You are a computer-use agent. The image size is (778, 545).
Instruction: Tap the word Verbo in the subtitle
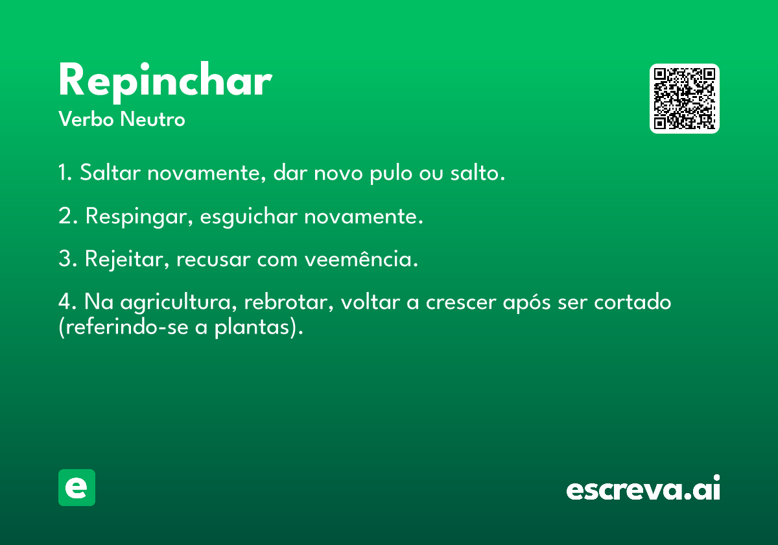[x=86, y=119]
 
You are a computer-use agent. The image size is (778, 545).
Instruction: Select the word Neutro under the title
[x=152, y=119]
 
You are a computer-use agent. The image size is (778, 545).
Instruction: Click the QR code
[x=684, y=99]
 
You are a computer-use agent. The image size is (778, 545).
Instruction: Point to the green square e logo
[x=77, y=487]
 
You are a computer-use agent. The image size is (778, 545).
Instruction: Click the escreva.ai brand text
[x=643, y=488]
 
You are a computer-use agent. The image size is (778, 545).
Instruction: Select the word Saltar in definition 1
[x=110, y=173]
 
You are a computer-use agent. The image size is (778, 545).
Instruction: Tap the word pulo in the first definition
[x=391, y=173]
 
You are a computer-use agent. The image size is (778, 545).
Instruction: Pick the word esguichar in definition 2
[x=249, y=217]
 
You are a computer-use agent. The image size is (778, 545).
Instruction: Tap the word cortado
[x=633, y=302]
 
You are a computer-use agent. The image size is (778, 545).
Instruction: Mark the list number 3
[x=67, y=259]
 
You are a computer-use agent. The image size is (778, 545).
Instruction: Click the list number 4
[x=67, y=302]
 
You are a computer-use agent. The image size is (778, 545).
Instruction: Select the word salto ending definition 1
[x=478, y=173]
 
